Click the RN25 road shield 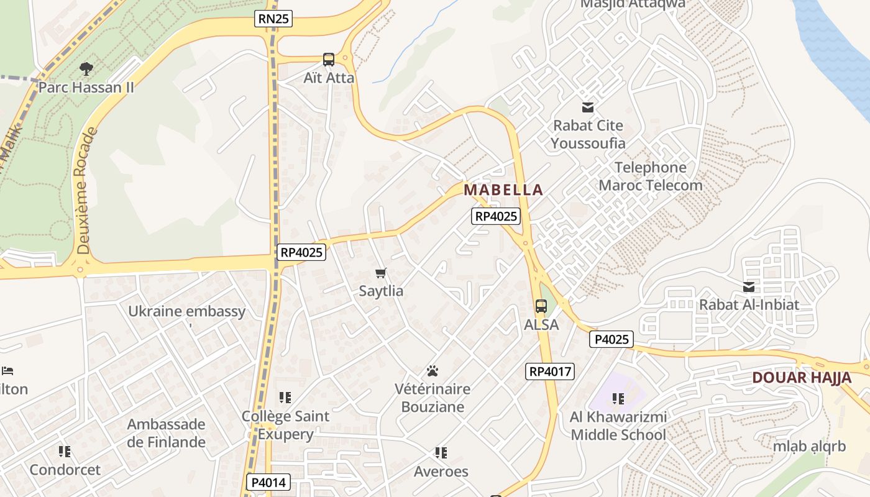273,19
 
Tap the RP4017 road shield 550,372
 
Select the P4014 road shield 268,482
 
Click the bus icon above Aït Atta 329,60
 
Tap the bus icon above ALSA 541,306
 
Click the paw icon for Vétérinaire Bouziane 433,371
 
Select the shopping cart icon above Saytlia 381,273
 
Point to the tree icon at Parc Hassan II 86,69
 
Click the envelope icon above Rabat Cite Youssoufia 587,107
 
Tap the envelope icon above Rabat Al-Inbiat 749,287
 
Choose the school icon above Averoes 441,453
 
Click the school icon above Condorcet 65,451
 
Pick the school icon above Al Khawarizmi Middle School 618,398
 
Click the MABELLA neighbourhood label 503,189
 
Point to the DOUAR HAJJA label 802,377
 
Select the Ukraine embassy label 186,311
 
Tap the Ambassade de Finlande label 166,433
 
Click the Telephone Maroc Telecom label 651,176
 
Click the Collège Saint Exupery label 285,425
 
